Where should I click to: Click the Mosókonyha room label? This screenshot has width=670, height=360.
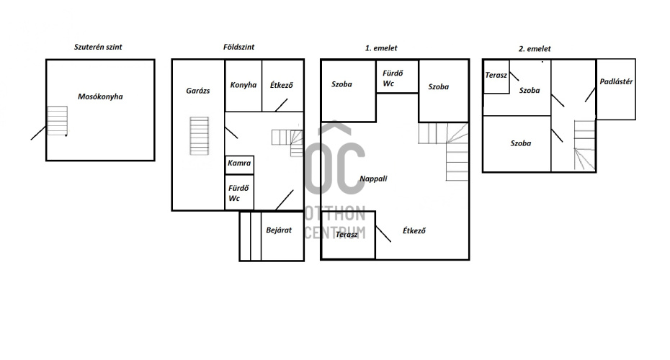[100, 96]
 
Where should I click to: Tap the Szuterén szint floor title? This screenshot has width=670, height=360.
[98, 47]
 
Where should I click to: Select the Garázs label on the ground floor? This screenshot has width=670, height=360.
[198, 91]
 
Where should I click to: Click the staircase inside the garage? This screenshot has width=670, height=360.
[199, 136]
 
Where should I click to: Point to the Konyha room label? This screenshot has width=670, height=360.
[243, 85]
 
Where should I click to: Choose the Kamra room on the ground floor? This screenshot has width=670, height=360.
[239, 165]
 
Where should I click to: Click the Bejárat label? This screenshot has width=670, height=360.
[279, 230]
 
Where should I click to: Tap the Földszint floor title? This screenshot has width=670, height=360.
[238, 47]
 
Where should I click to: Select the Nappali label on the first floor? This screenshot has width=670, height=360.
[373, 179]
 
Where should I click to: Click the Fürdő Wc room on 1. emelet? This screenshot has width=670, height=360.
[397, 76]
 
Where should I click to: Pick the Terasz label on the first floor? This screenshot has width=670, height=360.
[347, 235]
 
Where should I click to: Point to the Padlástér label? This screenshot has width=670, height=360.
[616, 81]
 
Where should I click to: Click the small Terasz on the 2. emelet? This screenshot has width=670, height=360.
[496, 76]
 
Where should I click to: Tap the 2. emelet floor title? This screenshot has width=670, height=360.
[535, 49]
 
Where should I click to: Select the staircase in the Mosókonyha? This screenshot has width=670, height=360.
[57, 121]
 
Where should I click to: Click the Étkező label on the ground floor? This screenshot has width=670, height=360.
[281, 85]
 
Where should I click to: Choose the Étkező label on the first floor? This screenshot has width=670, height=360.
[414, 230]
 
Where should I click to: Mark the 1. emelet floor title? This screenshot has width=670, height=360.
[380, 48]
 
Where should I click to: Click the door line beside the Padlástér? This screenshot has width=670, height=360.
[590, 95]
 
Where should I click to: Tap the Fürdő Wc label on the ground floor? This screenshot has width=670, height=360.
[238, 193]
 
